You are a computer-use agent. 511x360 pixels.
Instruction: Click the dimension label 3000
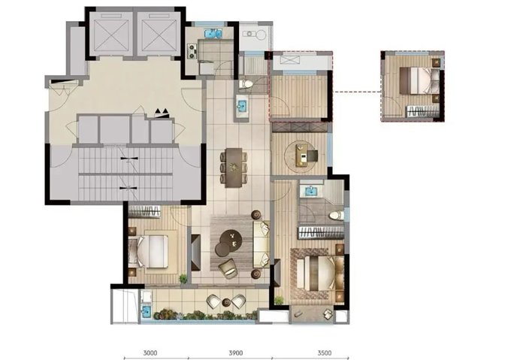point(150,352)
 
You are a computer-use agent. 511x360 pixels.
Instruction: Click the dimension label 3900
point(236,352)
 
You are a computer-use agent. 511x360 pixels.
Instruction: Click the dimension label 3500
point(325,352)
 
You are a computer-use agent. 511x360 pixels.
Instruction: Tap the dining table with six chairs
point(234,168)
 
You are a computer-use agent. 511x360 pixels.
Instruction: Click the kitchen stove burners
point(192,51)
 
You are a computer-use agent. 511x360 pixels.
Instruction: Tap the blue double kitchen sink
point(213,34)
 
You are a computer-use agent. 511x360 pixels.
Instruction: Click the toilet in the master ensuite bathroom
point(337,216)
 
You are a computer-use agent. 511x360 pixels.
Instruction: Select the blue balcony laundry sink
point(146,310)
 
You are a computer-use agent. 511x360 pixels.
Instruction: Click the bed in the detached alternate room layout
point(419,80)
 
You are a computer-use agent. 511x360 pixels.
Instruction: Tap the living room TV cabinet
point(196,253)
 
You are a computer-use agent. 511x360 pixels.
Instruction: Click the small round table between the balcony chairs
point(226,302)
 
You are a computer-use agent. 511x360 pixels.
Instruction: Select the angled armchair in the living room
point(228,268)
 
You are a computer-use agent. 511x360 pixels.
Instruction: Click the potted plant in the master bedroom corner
point(279,300)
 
